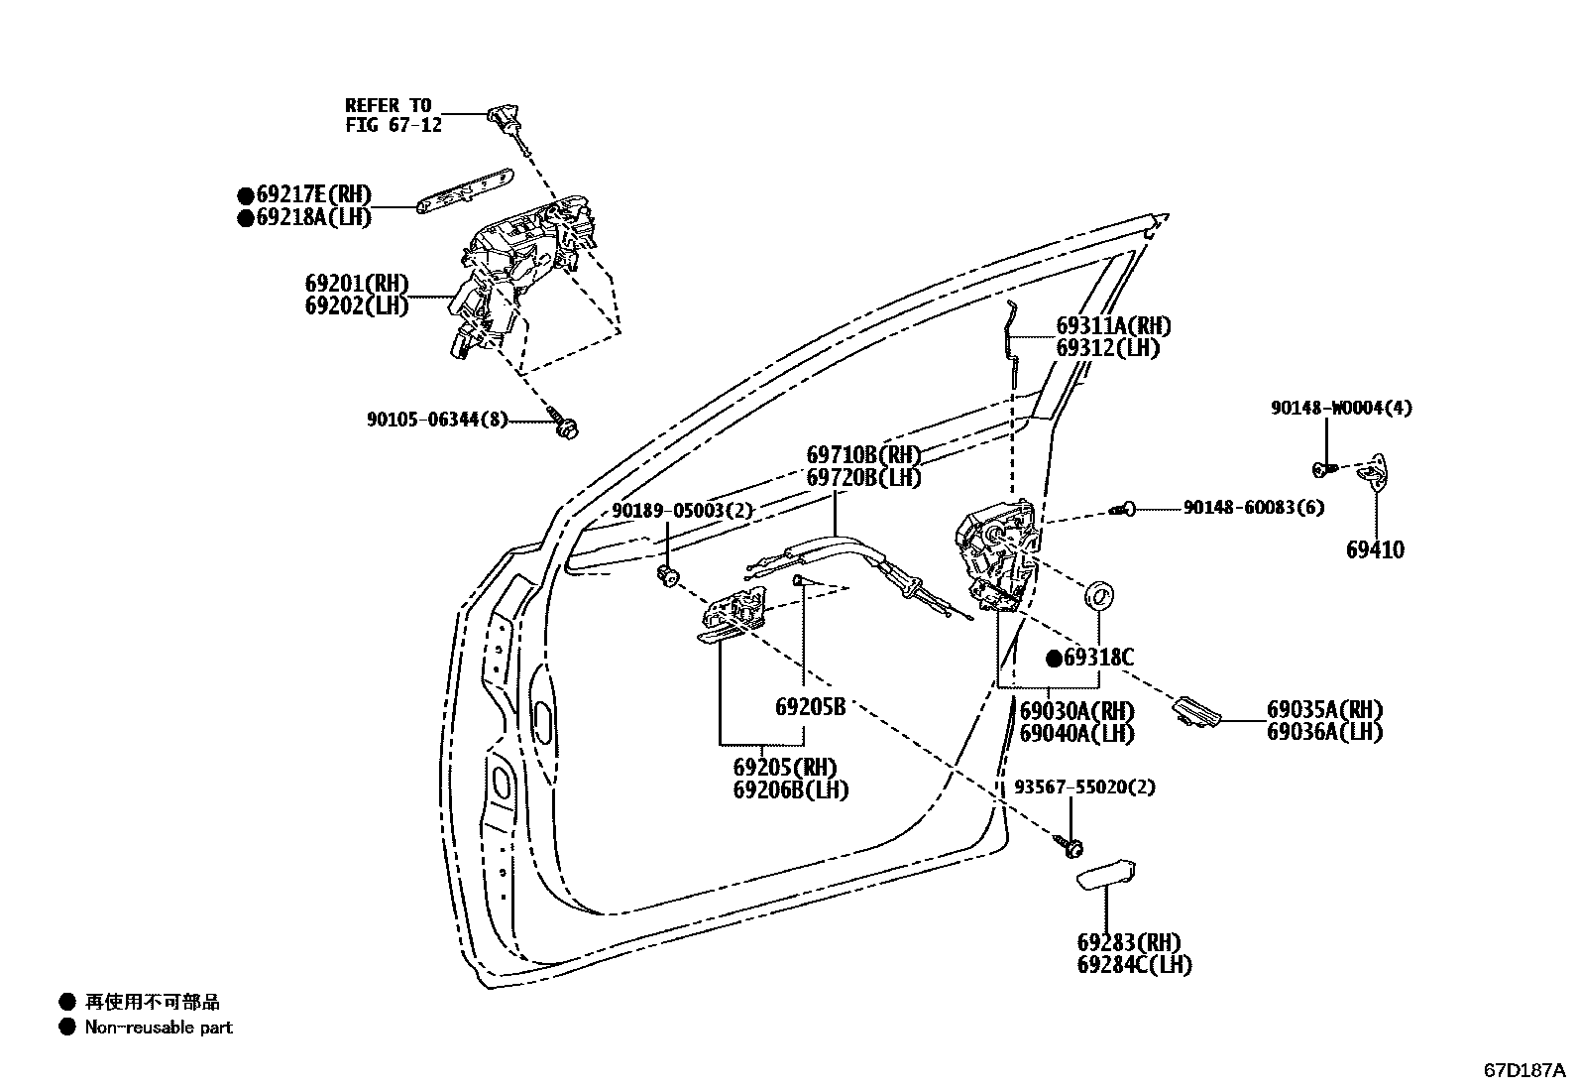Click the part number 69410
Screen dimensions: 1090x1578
[1375, 550]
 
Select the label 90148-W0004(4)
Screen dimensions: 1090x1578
[1341, 408]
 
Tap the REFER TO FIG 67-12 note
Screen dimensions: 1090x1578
[388, 115]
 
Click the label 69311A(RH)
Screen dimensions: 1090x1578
[1112, 325]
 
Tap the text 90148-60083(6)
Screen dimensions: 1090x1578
[1253, 507]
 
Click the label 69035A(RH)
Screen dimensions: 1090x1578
[1323, 710]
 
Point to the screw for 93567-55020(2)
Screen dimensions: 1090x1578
[1071, 846]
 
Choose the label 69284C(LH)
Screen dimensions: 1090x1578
[1134, 964]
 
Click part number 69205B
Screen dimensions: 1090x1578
[809, 707]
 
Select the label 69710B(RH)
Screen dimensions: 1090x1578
[862, 455]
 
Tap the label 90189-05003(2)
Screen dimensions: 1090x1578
[682, 511]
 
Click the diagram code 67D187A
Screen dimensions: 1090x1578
[1522, 1071]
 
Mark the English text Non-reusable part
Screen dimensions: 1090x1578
[159, 1028]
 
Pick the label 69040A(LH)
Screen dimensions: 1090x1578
[1076, 734]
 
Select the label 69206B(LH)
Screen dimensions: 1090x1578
[790, 789]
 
